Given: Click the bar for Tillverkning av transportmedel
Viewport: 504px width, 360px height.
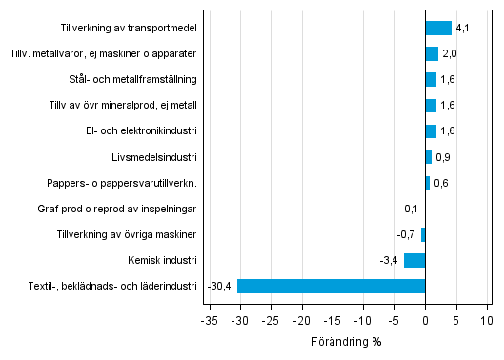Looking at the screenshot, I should (437, 29).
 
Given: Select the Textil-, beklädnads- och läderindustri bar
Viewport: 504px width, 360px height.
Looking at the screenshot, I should (331, 286).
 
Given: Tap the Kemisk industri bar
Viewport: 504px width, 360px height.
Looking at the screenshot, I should (414, 260).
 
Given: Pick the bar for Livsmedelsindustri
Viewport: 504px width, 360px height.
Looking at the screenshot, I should (428, 157).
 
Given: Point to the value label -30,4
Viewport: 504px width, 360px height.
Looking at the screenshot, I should (219, 286).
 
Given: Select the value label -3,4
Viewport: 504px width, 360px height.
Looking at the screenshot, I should (390, 260).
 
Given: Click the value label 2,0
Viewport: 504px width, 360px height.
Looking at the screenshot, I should (450, 54).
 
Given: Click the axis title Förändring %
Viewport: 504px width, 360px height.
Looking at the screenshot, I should (346, 341).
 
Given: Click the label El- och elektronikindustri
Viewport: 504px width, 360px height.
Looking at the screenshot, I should (140, 131).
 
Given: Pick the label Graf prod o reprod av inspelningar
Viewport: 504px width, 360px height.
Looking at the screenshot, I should (118, 209).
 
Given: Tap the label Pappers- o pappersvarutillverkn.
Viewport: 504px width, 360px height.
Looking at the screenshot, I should (122, 183).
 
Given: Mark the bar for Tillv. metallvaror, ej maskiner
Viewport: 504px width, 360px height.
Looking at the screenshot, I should (432, 54).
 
